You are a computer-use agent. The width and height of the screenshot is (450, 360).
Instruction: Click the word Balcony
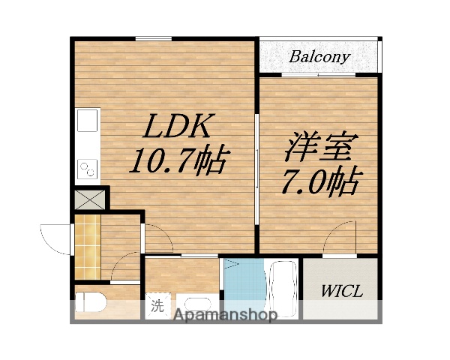click(320, 57)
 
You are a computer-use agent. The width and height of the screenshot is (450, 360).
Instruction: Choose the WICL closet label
click(341, 290)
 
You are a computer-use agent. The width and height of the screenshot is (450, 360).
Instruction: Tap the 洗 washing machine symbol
click(157, 305)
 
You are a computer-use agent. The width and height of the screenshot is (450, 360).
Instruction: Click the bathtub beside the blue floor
click(282, 289)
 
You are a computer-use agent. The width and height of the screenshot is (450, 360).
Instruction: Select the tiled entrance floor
click(88, 247)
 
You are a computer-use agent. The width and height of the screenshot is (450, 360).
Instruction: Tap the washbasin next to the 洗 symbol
click(197, 307)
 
